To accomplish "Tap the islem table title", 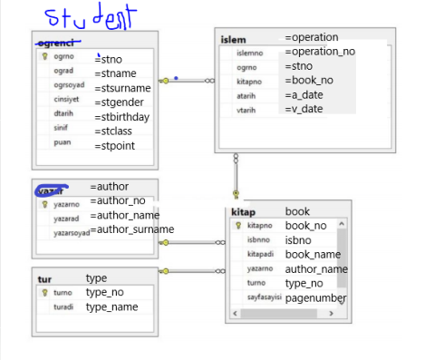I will click(233, 40).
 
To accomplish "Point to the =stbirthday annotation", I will click(122, 116).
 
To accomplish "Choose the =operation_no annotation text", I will click(320, 52).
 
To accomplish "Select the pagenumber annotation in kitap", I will click(315, 297).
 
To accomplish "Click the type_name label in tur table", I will click(111, 307).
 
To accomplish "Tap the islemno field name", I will click(250, 54).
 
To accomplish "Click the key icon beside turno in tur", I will click(43, 293).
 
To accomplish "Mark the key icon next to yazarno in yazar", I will click(43, 205).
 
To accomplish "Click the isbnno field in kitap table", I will click(259, 240).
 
